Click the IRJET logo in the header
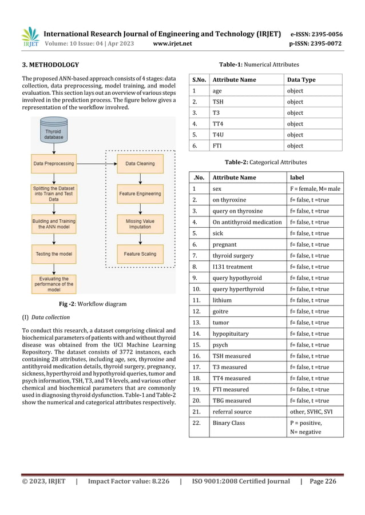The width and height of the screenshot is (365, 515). [x=30, y=37]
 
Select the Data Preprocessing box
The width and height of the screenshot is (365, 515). [x=54, y=164]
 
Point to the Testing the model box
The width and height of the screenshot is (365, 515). [x=54, y=253]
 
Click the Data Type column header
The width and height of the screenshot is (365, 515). [x=301, y=80]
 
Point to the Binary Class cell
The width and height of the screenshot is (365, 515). [x=229, y=423]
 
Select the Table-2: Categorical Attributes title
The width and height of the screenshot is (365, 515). [x=265, y=163]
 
